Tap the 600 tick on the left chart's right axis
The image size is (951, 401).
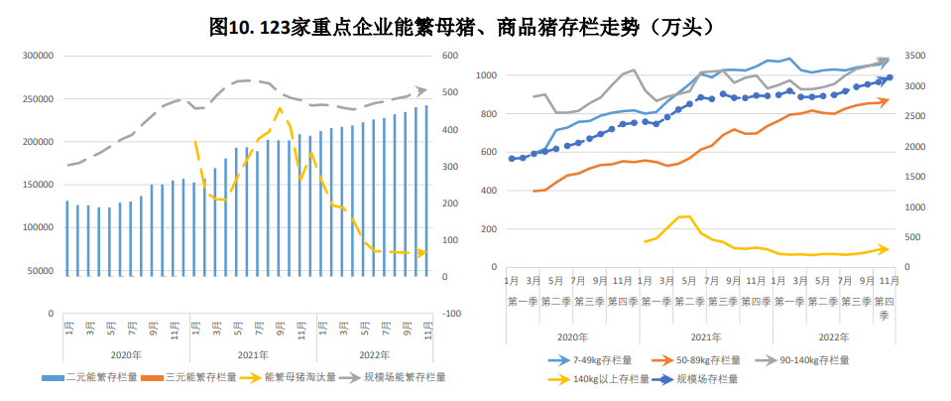(449, 57)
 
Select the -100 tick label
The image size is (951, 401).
(451, 314)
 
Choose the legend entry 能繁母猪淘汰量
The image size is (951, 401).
(297, 377)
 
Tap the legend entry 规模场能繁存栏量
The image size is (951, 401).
(397, 377)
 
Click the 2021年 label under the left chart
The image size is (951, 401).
(253, 354)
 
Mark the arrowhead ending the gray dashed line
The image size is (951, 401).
(421, 90)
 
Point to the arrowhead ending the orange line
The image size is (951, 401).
(885, 100)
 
